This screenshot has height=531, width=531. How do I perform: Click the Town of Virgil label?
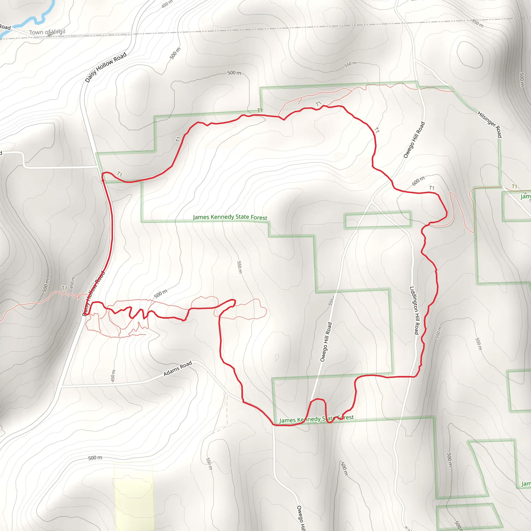point(47,32)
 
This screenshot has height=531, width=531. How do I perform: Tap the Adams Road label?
point(178,369)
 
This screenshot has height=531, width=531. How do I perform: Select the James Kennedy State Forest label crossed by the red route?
point(316,419)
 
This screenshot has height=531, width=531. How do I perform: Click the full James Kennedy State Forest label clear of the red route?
point(230,217)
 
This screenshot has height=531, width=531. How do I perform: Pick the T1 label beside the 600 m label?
point(432,188)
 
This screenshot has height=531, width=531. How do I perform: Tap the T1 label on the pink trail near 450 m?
point(64,288)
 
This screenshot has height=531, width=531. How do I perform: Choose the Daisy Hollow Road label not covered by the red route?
point(106,67)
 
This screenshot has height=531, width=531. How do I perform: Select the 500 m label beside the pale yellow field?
point(95,458)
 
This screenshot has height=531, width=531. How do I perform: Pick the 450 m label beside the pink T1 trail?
point(72,283)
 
